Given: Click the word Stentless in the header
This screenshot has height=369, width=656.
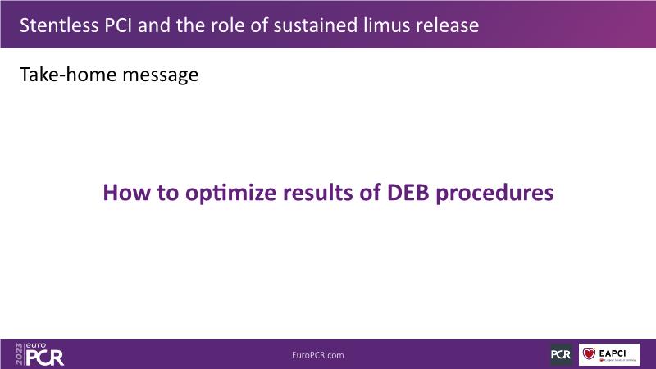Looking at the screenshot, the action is pyautogui.click(x=58, y=25).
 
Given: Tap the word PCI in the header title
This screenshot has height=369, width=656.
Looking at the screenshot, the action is pyautogui.click(x=118, y=25).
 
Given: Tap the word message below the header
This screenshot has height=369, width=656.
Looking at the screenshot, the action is pyautogui.click(x=161, y=75).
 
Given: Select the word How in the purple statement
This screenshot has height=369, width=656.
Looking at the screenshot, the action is pyautogui.click(x=127, y=193).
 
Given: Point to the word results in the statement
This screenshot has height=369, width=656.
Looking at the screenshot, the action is pyautogui.click(x=318, y=193).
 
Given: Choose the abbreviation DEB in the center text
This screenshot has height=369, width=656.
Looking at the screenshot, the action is pyautogui.click(x=408, y=193).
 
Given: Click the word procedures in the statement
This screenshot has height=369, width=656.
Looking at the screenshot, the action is pyautogui.click(x=494, y=194).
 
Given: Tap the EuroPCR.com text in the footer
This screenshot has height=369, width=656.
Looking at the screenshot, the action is pyautogui.click(x=318, y=355).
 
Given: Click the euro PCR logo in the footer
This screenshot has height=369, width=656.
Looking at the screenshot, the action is pyautogui.click(x=45, y=354).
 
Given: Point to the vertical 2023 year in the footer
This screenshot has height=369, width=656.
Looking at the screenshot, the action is pyautogui.click(x=19, y=354).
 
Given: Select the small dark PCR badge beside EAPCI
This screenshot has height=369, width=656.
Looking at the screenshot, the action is pyautogui.click(x=561, y=354).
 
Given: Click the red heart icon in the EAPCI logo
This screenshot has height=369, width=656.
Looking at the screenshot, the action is pyautogui.click(x=589, y=353).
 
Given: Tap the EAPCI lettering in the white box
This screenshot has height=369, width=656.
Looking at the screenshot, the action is pyautogui.click(x=612, y=353).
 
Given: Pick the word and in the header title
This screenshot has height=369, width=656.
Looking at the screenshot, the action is pyautogui.click(x=154, y=25).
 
